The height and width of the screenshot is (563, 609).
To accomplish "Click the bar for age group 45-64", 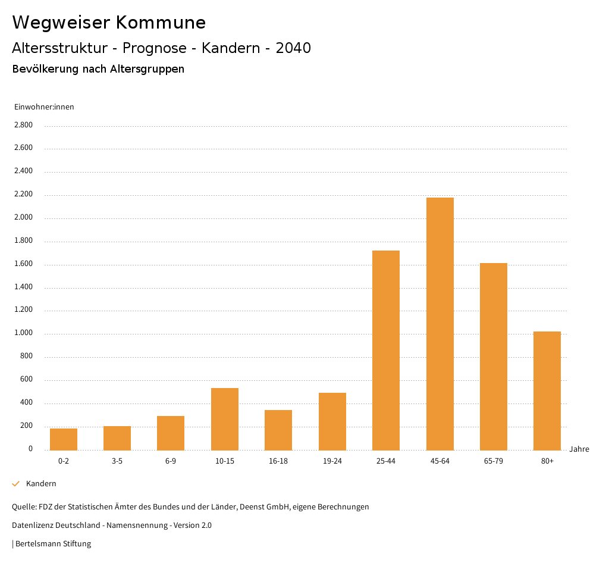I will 440,324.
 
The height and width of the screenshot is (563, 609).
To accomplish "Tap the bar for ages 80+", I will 547,390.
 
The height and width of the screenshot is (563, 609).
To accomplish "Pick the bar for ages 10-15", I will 225,419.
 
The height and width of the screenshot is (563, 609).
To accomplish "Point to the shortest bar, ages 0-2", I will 64,439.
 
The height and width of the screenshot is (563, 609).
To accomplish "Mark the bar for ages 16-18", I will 278,430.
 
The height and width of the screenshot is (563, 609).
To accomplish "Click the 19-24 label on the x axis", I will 332,461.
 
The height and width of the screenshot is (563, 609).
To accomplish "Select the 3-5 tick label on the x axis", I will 117,461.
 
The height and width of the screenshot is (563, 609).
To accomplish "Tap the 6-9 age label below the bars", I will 171,461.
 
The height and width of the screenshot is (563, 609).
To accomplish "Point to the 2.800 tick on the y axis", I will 24,125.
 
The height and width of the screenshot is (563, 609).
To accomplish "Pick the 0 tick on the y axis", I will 30,449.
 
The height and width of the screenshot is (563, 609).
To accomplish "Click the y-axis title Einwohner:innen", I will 44,107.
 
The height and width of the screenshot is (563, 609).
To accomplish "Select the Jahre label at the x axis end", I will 579,449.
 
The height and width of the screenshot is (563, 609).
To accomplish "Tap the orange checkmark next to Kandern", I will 16,484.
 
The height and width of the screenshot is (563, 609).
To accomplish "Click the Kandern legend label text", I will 41,484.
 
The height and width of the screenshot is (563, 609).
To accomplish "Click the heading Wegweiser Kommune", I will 109,23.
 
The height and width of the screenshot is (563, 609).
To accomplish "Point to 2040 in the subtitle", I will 293,48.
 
